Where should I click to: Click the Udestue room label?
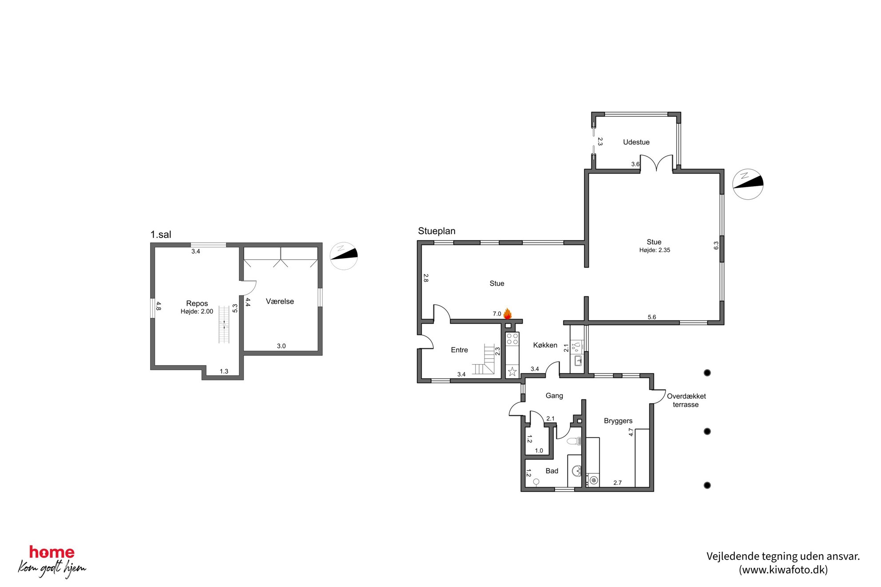[636, 142]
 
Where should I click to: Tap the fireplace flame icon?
[507, 314]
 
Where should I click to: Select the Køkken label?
[545, 345]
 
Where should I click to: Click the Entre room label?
[459, 350]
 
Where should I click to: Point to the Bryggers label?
[618, 421]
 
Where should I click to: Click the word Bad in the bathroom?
[552, 471]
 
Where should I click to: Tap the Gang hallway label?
[554, 396]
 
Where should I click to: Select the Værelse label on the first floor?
[280, 302]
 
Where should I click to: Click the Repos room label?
[197, 303]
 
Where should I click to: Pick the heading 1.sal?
[161, 235]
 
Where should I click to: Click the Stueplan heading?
[437, 231]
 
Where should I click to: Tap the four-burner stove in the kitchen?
[512, 339]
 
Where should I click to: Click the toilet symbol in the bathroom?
[574, 441]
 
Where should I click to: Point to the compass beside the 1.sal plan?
[344, 256]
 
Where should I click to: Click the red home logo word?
[52, 552]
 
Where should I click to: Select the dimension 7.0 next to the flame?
[497, 314]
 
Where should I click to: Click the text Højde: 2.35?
[655, 250]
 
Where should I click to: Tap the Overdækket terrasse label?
[686, 401]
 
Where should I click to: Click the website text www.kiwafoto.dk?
[783, 570]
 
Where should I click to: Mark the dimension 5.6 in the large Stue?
[651, 317]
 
